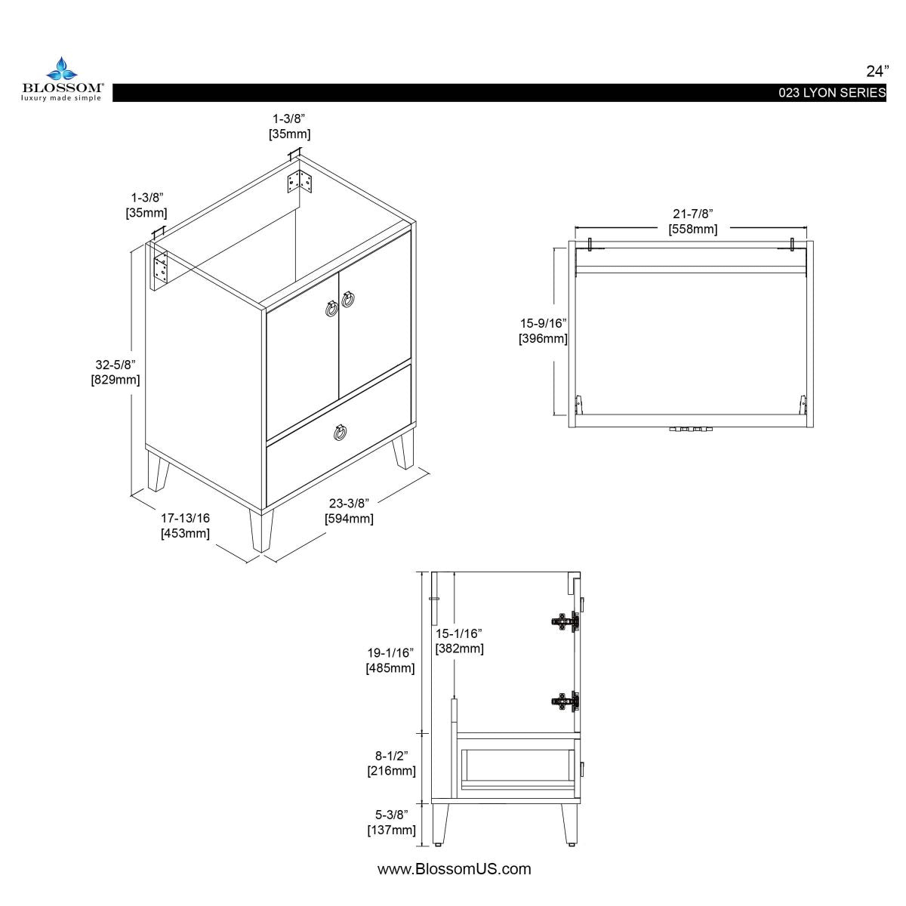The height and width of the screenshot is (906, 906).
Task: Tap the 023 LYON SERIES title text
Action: [833, 93]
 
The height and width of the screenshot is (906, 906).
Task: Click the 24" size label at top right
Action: [877, 72]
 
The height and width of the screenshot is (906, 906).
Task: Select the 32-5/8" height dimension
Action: [116, 371]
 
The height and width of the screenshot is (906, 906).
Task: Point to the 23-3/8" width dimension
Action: [349, 511]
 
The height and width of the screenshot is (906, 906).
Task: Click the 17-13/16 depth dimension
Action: [185, 525]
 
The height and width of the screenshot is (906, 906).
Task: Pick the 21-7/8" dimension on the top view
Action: [692, 221]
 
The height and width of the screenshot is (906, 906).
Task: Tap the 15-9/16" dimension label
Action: [543, 331]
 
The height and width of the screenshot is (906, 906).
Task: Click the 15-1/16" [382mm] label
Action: [459, 641]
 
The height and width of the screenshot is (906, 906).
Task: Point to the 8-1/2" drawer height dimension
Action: [390, 763]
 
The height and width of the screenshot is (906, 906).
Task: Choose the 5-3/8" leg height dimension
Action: [390, 822]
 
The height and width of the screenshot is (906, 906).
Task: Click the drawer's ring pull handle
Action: [341, 433]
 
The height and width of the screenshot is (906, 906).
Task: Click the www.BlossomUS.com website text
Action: [454, 869]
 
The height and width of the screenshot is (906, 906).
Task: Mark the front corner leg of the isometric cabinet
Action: [261, 529]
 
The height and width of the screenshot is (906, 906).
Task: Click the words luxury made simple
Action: [61, 97]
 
